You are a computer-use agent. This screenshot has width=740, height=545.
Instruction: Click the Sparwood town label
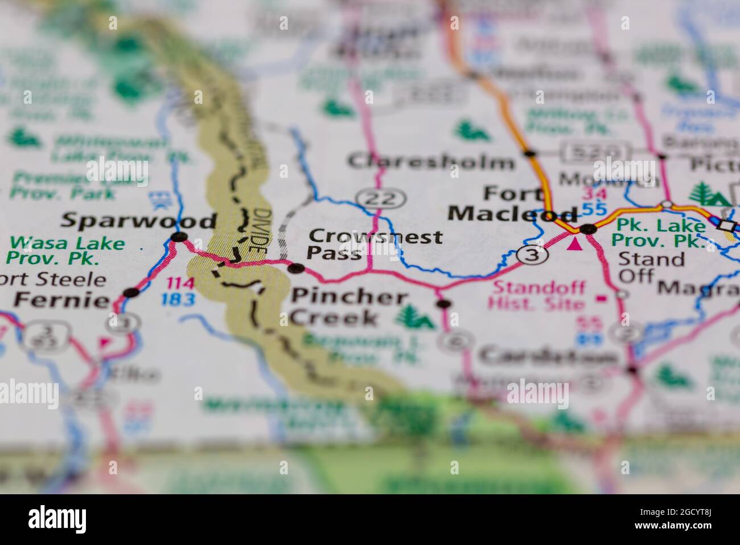(x=139, y=221)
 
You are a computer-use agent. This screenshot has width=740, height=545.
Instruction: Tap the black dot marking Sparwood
(x=179, y=237)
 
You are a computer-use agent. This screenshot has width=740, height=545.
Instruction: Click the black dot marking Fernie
(x=131, y=292)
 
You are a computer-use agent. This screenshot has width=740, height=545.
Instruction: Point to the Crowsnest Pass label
(x=374, y=244)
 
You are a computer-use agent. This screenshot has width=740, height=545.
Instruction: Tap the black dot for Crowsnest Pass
(x=294, y=268)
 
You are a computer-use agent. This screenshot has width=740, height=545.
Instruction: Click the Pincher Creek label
(x=349, y=307)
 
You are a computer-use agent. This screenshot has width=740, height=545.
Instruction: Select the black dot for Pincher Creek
(x=443, y=304)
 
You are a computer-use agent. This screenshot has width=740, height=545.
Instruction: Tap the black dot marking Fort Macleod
(x=587, y=229)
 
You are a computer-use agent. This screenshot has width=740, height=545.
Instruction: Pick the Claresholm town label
(x=431, y=162)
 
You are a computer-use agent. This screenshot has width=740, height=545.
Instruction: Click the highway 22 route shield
(x=381, y=198)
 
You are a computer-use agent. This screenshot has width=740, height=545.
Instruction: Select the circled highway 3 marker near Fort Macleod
(x=532, y=255)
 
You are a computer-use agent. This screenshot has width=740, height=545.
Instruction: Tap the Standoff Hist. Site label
(x=538, y=295)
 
